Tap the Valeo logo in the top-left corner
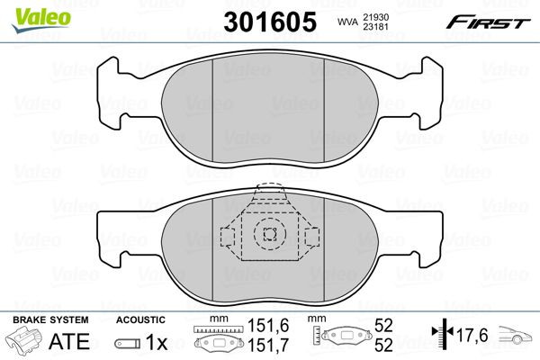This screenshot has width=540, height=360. tap(31, 11)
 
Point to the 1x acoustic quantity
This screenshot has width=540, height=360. tap(156, 343)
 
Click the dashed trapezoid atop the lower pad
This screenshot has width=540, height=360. tap(269, 193)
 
